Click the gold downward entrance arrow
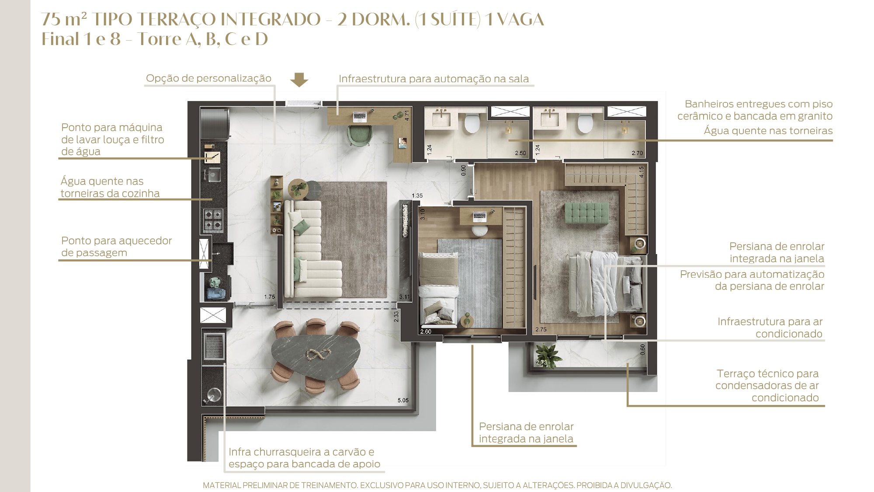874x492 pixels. point(299,80)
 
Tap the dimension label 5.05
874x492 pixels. point(403,400)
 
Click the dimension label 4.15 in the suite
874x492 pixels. point(642,171)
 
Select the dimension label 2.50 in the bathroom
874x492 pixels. point(520,153)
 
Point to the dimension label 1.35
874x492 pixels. point(417,195)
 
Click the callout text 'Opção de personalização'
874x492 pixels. point(208,78)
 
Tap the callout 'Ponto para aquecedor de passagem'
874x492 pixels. point(116,247)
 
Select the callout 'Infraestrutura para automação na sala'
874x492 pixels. point(434,79)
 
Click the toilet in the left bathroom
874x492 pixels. point(472,123)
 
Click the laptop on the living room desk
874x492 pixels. point(360,116)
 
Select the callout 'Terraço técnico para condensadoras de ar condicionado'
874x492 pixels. point(767,386)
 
